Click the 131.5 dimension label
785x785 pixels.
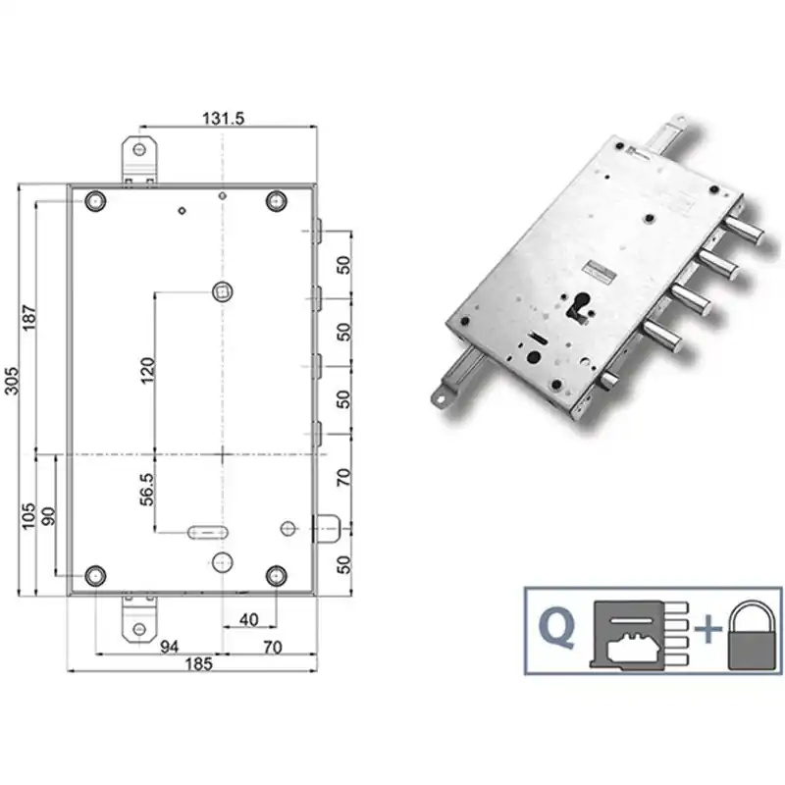pos(224,119)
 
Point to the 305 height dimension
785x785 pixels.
pos(12,381)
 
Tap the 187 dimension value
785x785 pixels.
pos(29,317)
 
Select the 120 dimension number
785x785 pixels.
pos(148,371)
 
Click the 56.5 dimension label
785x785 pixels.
pos(147,489)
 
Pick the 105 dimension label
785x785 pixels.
pos(29,516)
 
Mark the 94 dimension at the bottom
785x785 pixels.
pos(169,647)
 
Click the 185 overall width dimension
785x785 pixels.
pos(199,664)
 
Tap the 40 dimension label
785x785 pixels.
pos(249,620)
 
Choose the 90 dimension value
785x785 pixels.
pos(48,516)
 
